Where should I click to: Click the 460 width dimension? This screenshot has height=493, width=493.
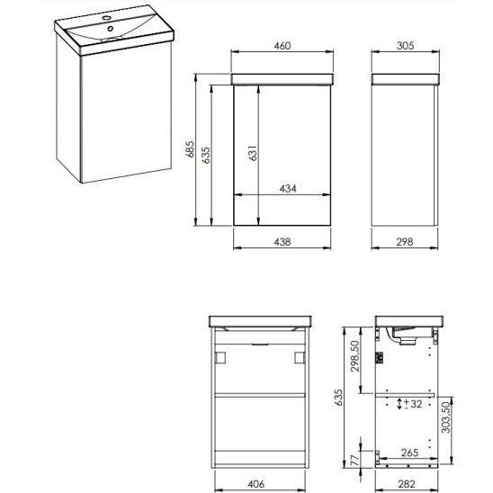tap(282, 46)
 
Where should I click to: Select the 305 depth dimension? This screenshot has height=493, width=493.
tap(405, 46)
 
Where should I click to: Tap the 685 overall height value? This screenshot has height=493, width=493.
tap(190, 149)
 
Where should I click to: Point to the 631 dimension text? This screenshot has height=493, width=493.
tap(253, 153)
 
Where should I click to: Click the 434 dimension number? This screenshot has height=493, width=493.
tap(288, 189)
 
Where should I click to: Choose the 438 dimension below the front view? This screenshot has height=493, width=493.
tap(282, 242)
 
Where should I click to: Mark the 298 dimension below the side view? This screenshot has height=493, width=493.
tap(405, 242)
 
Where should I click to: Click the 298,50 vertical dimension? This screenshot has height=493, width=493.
tap(354, 356)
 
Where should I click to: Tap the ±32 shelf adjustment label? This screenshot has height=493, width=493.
tap(413, 404)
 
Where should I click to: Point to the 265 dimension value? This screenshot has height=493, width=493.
tap(409, 453)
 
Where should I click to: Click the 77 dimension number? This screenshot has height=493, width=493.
tap(354, 461)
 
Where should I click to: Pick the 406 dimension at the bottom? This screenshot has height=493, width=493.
tap(255, 484)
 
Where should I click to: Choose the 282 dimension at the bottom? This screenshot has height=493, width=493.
tap(407, 484)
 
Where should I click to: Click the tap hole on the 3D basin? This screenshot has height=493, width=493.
tap(106, 18)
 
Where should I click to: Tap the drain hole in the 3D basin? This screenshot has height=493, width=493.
tap(111, 29)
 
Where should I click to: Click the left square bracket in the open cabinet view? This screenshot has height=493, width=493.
tap(220, 357)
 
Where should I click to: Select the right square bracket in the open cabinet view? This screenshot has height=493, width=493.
tap(300, 357)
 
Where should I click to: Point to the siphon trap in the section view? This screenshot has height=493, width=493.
tap(404, 336)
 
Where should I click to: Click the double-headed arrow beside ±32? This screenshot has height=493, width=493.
tap(399, 404)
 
